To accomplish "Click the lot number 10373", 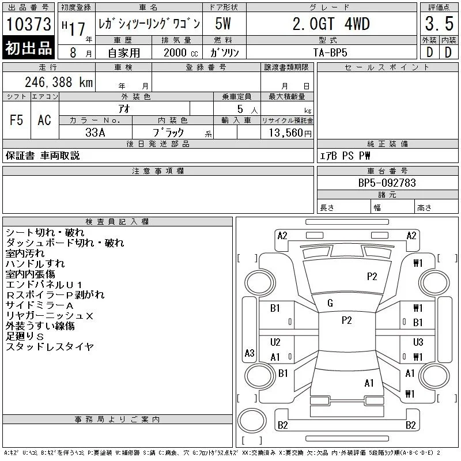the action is (28, 24).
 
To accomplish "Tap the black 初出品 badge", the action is (28, 48).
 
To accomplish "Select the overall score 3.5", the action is (439, 24).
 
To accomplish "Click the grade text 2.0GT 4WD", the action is (331, 24).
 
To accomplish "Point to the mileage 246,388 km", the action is (59, 82).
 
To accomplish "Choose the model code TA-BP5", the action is (330, 52).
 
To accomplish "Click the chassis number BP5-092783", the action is (387, 183).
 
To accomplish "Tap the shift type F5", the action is (17, 120).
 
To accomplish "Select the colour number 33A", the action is (95, 133).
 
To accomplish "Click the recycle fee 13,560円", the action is (290, 133).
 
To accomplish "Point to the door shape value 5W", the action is (223, 24).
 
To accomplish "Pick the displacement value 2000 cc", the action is (180, 52).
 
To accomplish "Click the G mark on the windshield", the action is (330, 303).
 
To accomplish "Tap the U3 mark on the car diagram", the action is (418, 342).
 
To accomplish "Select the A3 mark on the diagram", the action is (250, 353).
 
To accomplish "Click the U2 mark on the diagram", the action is (275, 342).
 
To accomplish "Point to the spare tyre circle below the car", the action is (252, 421).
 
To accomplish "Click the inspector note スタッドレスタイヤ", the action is (50, 347).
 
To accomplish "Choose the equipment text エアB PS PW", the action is (345, 156).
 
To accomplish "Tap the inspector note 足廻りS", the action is (25, 336).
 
